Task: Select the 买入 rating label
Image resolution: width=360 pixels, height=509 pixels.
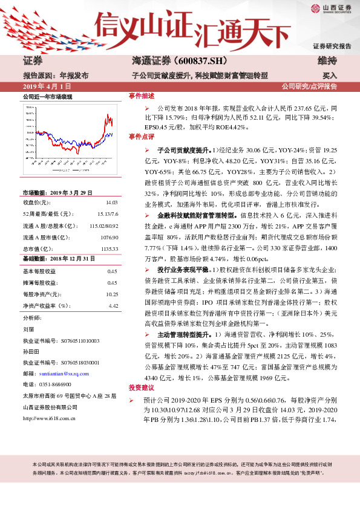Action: point(330,76)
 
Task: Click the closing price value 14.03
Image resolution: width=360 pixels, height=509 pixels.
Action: point(111,203)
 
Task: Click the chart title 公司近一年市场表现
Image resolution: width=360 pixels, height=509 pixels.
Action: point(47,97)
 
